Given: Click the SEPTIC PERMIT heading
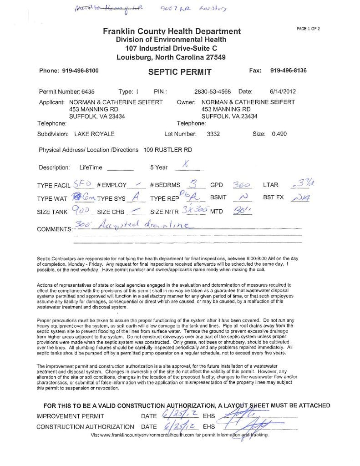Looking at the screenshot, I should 180,71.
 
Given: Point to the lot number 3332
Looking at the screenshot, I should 213,134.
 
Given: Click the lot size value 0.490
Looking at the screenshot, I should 279,134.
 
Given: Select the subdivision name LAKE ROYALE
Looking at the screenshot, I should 94,134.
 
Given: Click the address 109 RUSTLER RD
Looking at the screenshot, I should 167,150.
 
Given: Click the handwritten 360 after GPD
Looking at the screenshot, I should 241,185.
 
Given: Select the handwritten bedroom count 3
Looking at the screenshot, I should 193,184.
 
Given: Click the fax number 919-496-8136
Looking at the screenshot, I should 288,71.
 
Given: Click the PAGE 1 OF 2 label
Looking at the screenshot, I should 308,29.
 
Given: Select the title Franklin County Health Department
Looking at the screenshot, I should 172,31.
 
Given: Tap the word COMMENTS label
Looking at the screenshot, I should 54,229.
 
